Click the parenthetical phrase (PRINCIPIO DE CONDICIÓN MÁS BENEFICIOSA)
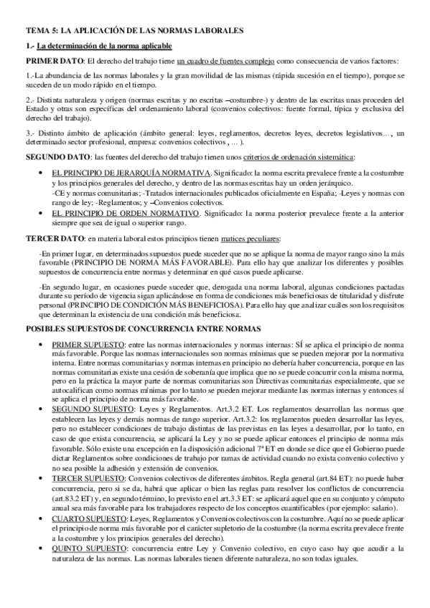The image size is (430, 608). coord(142,304)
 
